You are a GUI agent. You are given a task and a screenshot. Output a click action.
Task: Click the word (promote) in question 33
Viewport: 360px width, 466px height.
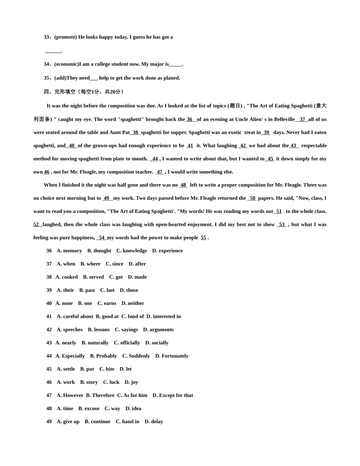[x=66, y=37]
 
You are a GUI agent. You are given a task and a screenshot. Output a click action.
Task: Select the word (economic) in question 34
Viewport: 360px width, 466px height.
[x=67, y=64]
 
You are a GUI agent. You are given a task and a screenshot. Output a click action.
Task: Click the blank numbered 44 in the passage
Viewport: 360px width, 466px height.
[x=155, y=159]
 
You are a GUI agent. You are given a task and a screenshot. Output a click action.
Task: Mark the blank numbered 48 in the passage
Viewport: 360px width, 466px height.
[x=183, y=185]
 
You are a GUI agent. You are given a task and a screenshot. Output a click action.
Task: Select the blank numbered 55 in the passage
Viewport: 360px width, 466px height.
[x=203, y=238]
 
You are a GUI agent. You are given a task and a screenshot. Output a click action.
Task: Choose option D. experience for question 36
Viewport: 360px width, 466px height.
[x=167, y=251]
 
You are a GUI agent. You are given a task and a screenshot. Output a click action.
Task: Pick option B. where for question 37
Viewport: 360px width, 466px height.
[x=90, y=264]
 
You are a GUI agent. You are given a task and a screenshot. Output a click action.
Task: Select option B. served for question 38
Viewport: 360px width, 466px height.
[x=93, y=277]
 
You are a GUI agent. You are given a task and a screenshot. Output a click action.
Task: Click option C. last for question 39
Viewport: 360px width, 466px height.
[x=107, y=290]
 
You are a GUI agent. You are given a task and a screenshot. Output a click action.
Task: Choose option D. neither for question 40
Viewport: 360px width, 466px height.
[x=133, y=303]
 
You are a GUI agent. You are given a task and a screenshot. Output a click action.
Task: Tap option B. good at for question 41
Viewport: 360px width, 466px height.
[x=107, y=317]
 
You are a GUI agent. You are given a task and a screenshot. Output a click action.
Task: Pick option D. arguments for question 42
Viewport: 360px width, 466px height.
[x=158, y=330]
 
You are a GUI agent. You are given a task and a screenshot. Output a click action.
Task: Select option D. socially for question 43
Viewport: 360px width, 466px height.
[x=157, y=343]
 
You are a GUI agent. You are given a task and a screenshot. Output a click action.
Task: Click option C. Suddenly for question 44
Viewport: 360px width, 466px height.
[x=136, y=356]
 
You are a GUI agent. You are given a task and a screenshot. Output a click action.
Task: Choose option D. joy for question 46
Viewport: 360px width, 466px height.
[x=131, y=382]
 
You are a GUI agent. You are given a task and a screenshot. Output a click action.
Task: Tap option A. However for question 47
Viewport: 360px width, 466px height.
[x=70, y=396]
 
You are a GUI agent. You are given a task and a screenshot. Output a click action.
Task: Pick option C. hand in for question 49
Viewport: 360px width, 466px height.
[x=127, y=422]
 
